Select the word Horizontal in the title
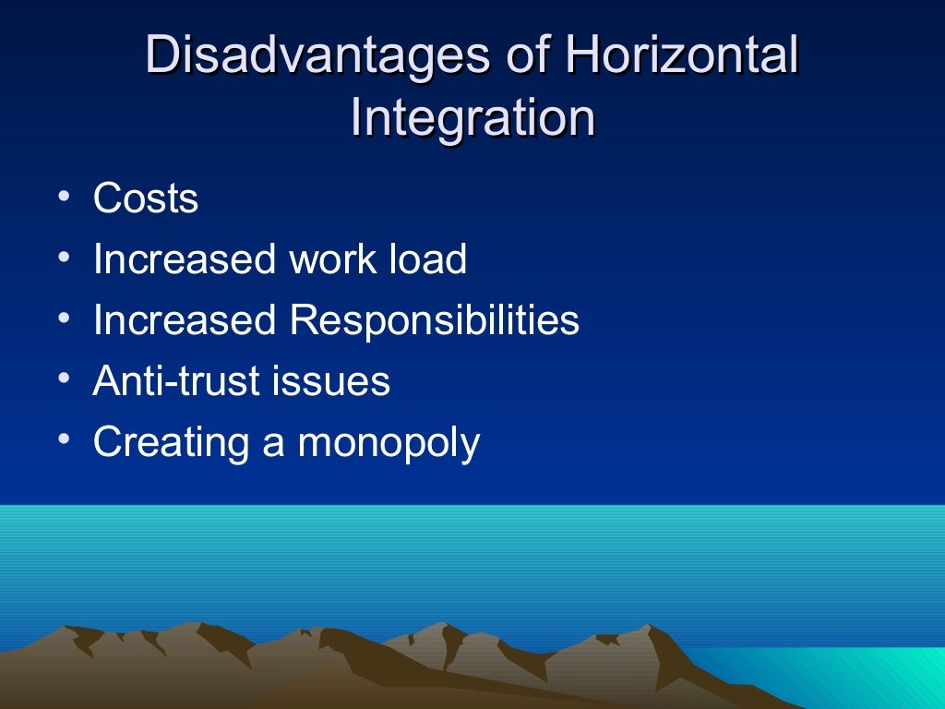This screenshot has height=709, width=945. (x=682, y=56)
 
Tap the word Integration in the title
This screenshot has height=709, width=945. (x=472, y=119)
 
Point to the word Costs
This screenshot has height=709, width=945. (x=146, y=199)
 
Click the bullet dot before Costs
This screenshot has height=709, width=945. (x=61, y=197)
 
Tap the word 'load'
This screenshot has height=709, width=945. (x=428, y=259)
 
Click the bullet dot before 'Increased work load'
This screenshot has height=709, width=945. (x=61, y=258)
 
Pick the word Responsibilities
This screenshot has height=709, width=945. (x=434, y=321)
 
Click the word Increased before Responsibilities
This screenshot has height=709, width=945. (x=185, y=320)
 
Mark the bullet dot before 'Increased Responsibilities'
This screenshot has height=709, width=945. (x=61, y=318)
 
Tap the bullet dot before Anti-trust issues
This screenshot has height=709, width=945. (x=61, y=379)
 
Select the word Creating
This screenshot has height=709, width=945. (x=171, y=443)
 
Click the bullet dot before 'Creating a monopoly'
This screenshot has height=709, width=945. (x=61, y=440)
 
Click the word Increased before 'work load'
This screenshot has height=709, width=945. (x=185, y=259)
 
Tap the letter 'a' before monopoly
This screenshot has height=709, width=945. (x=273, y=444)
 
